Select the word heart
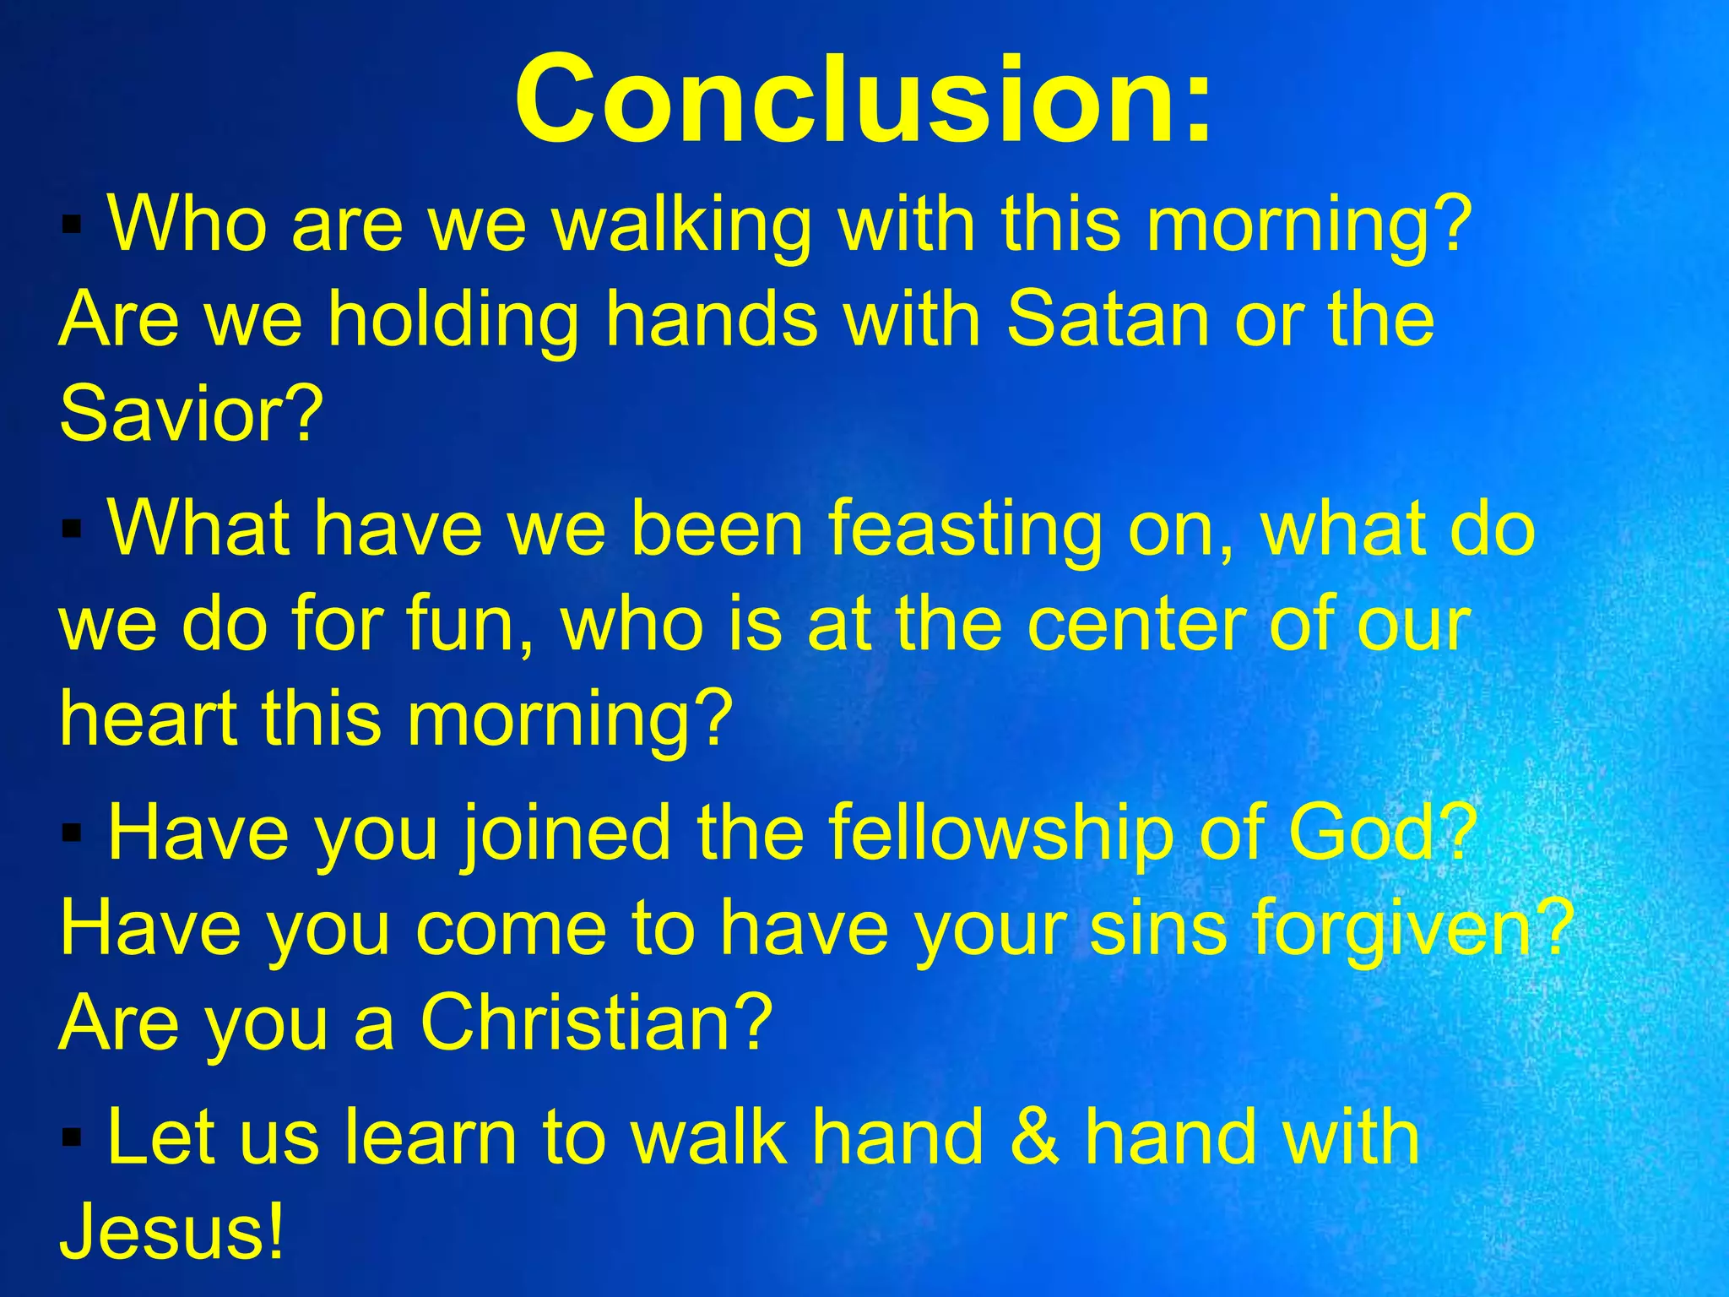pyautogui.click(x=148, y=718)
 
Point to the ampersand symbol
pyautogui.click(x=1034, y=1138)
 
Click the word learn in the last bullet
pyautogui.click(x=431, y=1138)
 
